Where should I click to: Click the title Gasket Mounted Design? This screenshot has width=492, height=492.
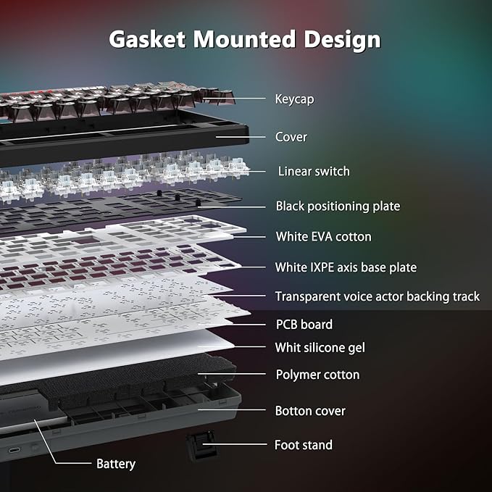tap(245, 40)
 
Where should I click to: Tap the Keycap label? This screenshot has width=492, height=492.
tap(294, 99)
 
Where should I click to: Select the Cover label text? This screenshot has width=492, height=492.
tap(291, 137)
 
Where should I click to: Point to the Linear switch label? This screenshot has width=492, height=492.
tap(314, 171)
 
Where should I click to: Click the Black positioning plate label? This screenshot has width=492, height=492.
tap(338, 207)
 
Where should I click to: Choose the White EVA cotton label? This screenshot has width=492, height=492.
tap(323, 237)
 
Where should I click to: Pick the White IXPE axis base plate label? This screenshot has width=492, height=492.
tap(346, 267)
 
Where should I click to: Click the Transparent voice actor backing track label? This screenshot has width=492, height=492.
tap(378, 296)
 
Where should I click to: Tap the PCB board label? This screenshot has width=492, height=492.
tap(304, 325)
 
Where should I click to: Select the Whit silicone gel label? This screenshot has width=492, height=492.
tap(320, 348)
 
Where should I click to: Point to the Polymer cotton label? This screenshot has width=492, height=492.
tap(317, 375)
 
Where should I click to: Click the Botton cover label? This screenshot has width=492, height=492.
tap(310, 411)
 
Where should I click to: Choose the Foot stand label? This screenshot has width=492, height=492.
tap(304, 445)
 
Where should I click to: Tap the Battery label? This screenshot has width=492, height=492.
tap(116, 464)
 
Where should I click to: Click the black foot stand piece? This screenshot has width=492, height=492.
tap(201, 445)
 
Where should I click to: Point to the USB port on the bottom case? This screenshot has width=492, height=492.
tap(14, 450)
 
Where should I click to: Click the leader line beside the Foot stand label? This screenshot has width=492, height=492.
tap(235, 444)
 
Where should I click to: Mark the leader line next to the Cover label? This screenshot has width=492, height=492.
tap(241, 137)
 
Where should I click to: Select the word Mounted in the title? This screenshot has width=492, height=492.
tap(244, 39)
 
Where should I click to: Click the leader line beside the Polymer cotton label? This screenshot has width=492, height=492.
tap(232, 374)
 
